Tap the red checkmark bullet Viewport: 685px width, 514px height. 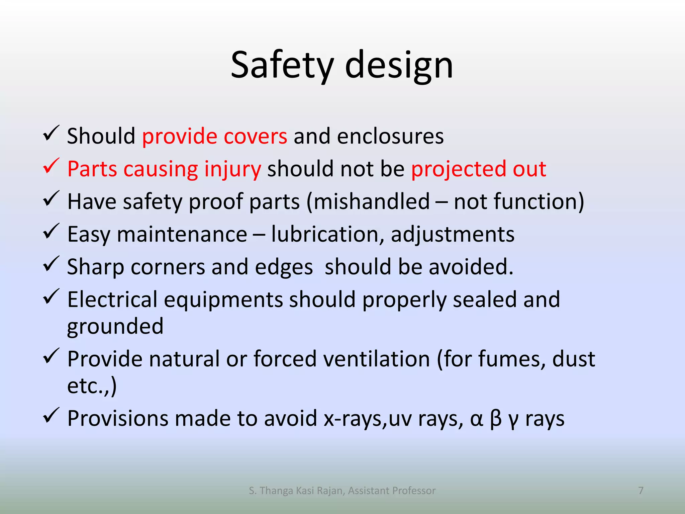51,166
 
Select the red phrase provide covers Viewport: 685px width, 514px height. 214,136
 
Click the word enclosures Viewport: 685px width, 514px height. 390,136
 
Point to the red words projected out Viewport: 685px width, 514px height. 479,169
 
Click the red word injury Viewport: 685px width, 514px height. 232,169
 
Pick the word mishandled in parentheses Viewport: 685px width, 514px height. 372,201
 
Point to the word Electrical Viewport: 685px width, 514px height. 112,299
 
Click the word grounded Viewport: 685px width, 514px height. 115,326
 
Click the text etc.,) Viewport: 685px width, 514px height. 92,386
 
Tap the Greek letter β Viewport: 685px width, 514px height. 496,419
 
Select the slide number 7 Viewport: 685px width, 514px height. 641,491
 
